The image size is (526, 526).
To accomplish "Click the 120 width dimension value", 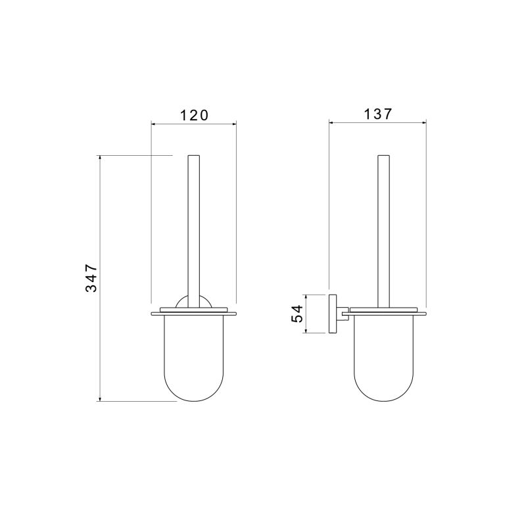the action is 194,116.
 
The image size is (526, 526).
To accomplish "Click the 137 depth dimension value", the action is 377,114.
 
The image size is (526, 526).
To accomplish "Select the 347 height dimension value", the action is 91,278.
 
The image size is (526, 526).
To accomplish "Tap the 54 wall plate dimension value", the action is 297,314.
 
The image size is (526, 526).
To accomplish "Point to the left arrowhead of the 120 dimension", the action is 154,124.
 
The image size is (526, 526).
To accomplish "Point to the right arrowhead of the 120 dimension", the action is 233,124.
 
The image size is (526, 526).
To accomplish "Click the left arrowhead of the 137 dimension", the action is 332,123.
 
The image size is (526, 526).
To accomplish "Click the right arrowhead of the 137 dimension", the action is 423,123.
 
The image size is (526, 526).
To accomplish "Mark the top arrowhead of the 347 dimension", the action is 100,158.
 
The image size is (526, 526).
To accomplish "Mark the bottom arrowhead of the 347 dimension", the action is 100,398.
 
